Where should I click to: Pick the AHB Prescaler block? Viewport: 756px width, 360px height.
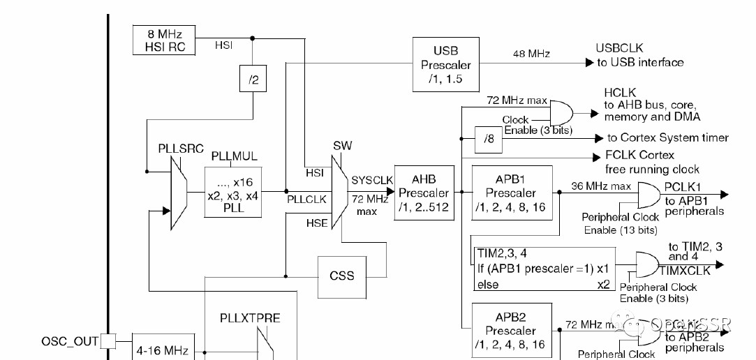(423, 193)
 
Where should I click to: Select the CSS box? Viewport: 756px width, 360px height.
(341, 275)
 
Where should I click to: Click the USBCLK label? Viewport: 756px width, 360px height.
(618, 48)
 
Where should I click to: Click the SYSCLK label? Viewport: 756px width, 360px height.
(373, 179)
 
